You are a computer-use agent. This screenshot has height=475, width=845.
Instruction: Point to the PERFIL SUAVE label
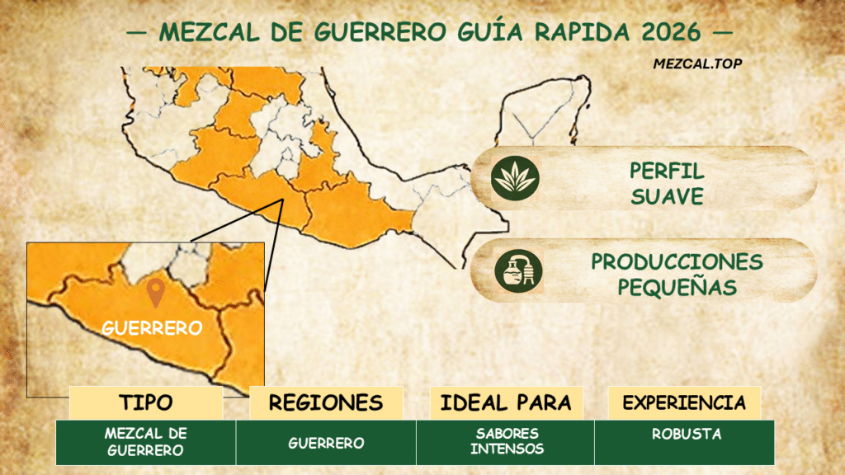pyautogui.click(x=667, y=183)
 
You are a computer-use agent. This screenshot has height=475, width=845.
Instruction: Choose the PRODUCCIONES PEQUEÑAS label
pyautogui.click(x=676, y=274)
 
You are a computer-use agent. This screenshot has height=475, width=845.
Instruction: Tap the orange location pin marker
pyautogui.click(x=154, y=293)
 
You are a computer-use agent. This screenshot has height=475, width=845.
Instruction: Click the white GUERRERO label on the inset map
pyautogui.click(x=152, y=327)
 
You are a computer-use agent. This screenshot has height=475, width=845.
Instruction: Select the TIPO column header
pyautogui.click(x=146, y=402)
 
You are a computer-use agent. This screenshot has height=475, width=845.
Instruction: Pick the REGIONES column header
pyautogui.click(x=326, y=402)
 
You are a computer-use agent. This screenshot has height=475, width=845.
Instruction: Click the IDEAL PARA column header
pyautogui.click(x=506, y=402)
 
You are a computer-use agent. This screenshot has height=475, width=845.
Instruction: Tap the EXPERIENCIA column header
pyautogui.click(x=684, y=402)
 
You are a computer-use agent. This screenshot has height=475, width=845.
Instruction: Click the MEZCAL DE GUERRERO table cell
pyautogui.click(x=146, y=442)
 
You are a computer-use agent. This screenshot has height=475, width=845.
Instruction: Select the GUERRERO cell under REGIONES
pyautogui.click(x=326, y=443)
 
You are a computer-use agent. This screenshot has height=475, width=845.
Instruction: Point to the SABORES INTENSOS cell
pyautogui.click(x=506, y=441)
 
